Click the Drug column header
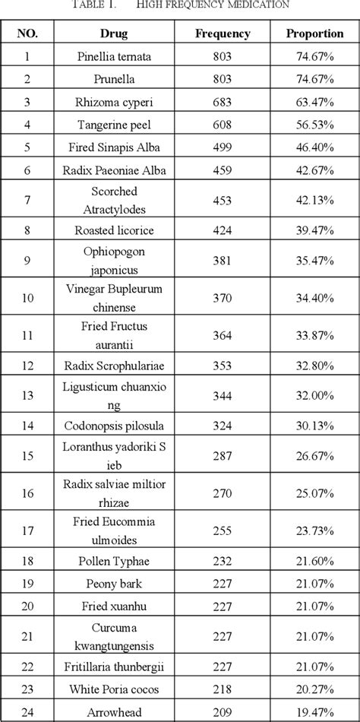click(x=113, y=34)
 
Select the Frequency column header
click(x=223, y=34)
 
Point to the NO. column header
click(x=28, y=34)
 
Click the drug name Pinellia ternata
click(x=113, y=57)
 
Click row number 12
click(x=28, y=366)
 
